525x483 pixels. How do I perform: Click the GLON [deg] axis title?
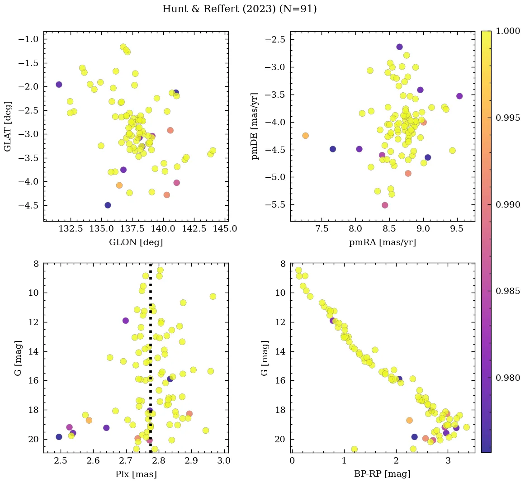(x=136, y=242)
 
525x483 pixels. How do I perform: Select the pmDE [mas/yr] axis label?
(x=255, y=127)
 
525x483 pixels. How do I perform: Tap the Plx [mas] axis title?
(x=136, y=474)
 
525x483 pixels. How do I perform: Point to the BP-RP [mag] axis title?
(x=383, y=474)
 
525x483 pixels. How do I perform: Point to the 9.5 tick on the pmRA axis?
(x=457, y=229)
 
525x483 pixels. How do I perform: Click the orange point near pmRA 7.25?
(x=305, y=136)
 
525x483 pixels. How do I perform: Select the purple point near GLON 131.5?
(x=59, y=85)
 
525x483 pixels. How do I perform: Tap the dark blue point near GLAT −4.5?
(x=108, y=205)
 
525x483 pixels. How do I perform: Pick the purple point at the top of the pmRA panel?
(x=399, y=47)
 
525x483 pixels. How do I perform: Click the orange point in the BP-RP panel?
(x=409, y=420)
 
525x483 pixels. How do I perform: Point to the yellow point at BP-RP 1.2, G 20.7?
(x=355, y=449)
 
